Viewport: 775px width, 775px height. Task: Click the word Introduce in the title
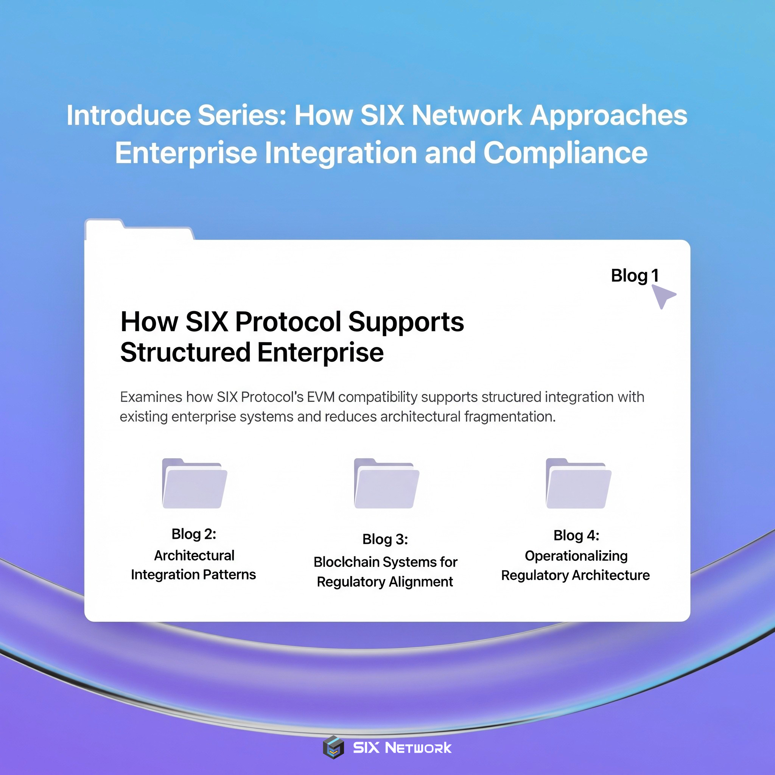(x=128, y=115)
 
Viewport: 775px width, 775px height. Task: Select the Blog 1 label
(x=635, y=275)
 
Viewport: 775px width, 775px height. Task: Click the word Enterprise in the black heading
(x=320, y=352)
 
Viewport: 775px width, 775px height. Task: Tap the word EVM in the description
(x=321, y=397)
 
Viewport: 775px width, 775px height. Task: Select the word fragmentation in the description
(x=510, y=416)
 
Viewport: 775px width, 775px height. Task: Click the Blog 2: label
(x=194, y=534)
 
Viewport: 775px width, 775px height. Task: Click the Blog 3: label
(x=385, y=539)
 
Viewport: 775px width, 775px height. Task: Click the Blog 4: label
(x=576, y=535)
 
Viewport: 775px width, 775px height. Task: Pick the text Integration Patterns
(x=193, y=574)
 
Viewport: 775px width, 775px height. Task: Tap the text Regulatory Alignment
(x=385, y=582)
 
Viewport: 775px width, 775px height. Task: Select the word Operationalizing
(x=576, y=556)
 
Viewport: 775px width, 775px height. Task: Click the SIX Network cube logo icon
(x=333, y=748)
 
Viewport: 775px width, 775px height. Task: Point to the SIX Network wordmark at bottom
(x=402, y=748)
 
